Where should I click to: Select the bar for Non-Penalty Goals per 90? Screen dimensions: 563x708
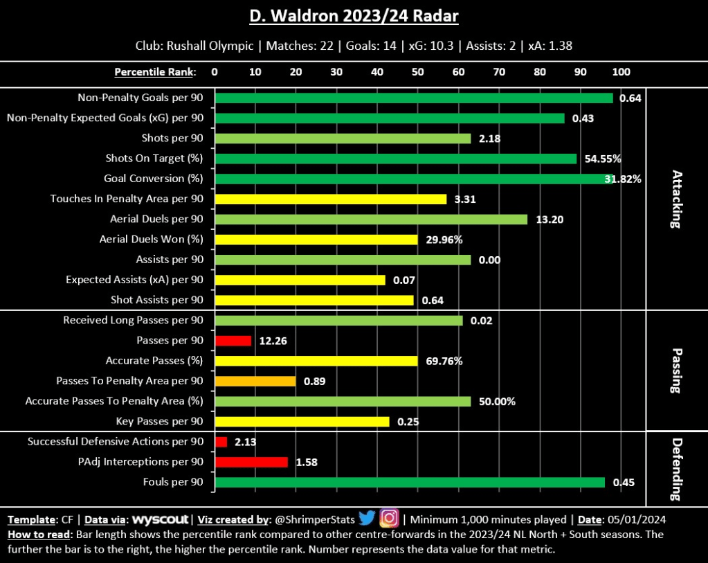[414, 98]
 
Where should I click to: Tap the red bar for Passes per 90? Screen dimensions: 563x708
[233, 341]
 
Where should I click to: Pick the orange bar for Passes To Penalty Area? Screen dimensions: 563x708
[255, 381]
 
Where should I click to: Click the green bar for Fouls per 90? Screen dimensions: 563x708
[410, 482]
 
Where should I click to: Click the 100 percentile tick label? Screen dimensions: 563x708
[621, 72]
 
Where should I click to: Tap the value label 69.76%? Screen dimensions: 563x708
[444, 361]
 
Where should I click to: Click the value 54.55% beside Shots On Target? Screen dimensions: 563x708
[603, 159]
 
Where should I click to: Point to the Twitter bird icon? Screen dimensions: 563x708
[367, 518]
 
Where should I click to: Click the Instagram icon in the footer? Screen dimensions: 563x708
[390, 518]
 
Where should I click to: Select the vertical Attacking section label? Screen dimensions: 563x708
[677, 199]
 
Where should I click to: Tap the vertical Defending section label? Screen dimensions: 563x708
[677, 469]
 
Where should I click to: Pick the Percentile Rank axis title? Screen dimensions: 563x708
[154, 72]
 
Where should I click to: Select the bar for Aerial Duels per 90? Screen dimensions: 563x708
[371, 219]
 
